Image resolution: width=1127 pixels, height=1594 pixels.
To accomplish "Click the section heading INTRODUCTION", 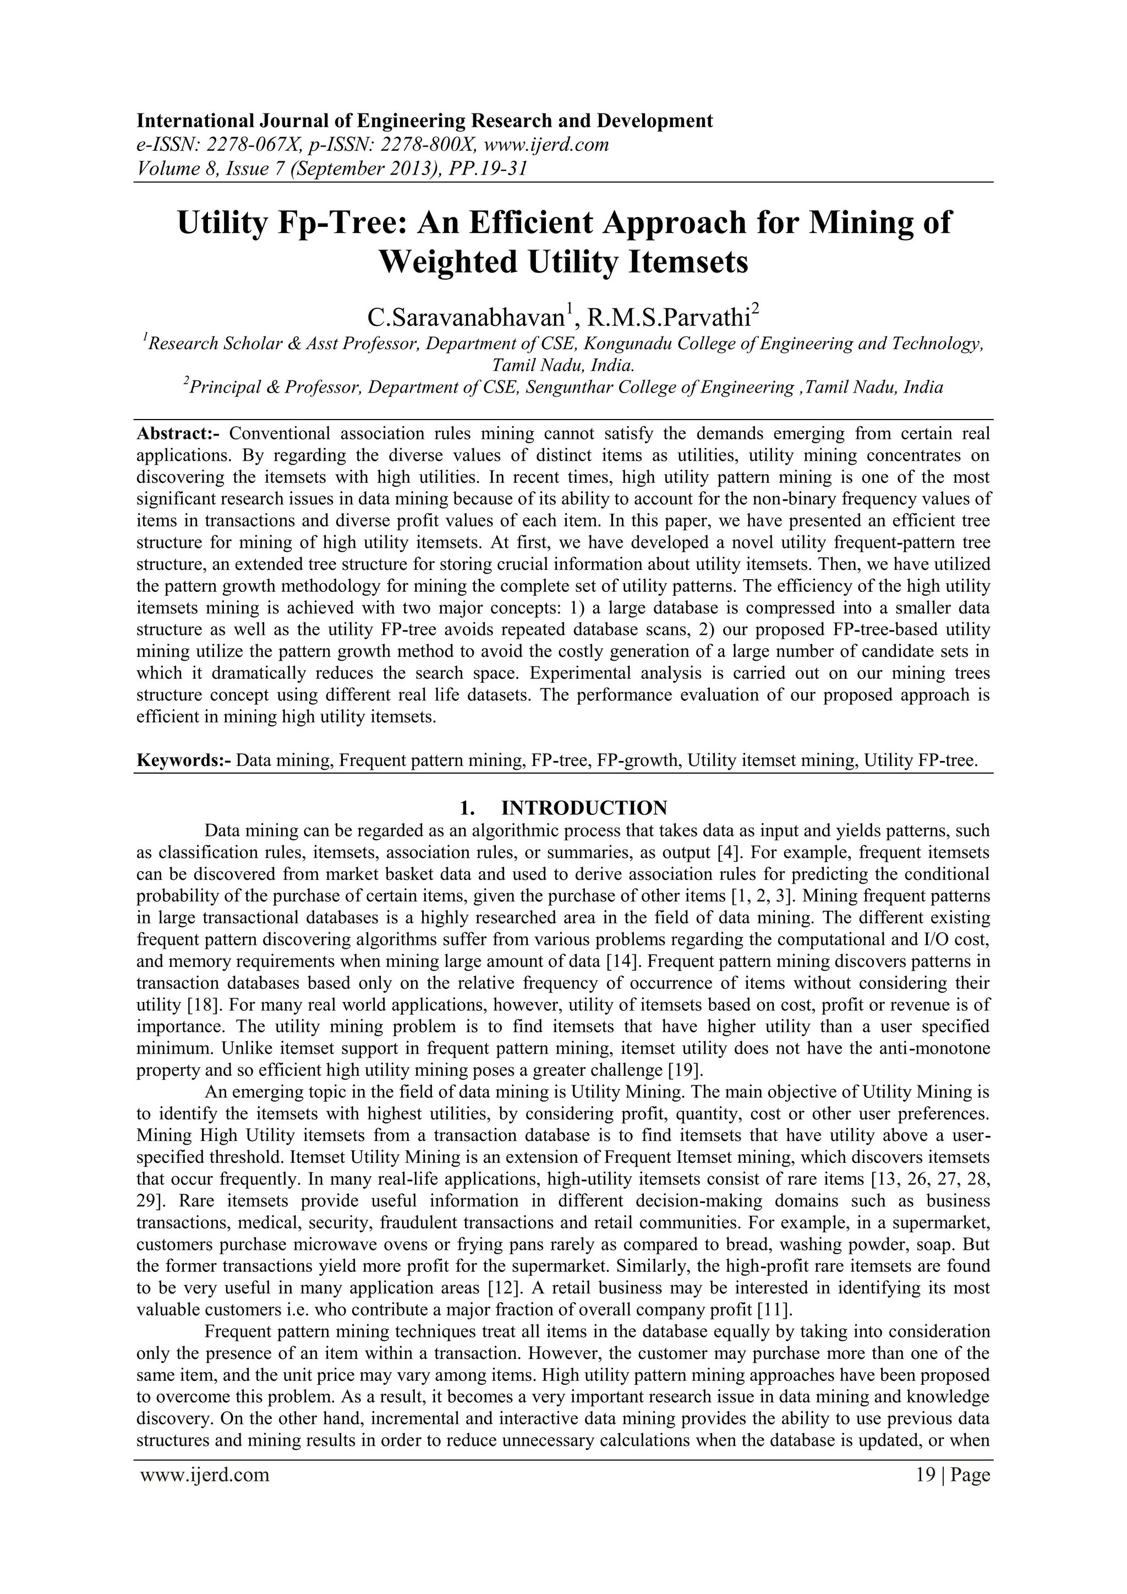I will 584,808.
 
